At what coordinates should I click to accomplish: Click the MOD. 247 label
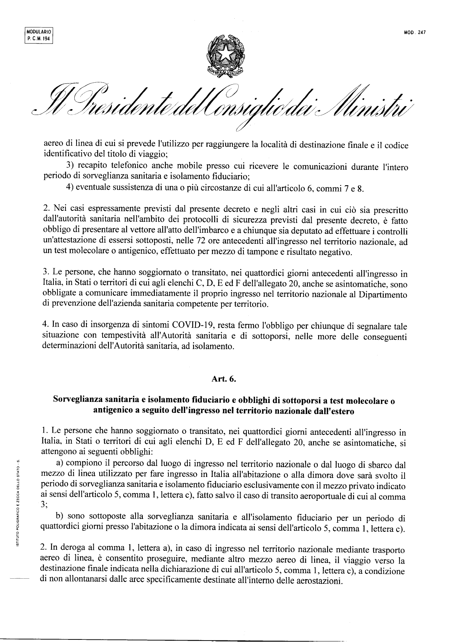point(415,32)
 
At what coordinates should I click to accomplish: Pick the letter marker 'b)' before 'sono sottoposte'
point(60,516)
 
